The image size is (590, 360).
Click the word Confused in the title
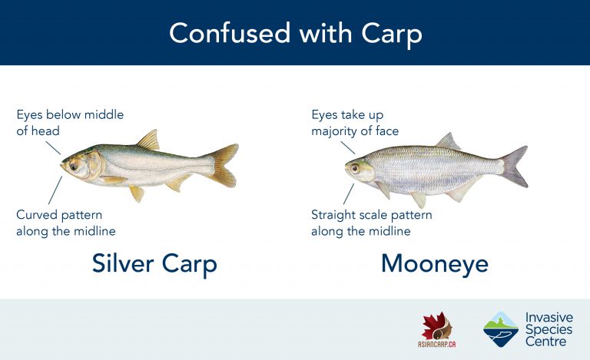[x=230, y=33]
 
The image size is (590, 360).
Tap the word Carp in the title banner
[x=392, y=35]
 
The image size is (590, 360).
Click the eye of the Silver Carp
[x=74, y=166]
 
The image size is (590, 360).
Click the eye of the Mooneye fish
[x=355, y=168]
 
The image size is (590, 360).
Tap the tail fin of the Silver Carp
[x=224, y=165]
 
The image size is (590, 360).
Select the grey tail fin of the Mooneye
[x=514, y=167]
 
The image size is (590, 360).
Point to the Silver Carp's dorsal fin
[x=148, y=140]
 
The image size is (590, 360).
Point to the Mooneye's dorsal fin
[x=448, y=142]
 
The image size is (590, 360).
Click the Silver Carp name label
[x=154, y=264]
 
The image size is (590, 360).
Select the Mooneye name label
[x=435, y=264]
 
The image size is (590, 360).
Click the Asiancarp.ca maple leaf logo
[x=436, y=326]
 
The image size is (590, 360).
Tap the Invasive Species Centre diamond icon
[x=501, y=329]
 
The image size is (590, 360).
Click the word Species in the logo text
[x=549, y=331]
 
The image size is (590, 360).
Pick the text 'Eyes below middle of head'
[x=70, y=123]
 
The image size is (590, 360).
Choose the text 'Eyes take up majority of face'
[x=355, y=123]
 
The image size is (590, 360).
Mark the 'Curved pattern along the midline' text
[x=66, y=223]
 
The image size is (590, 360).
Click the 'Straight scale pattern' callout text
[x=371, y=215]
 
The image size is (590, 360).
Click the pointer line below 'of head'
[x=53, y=147]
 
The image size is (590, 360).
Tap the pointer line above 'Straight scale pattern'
[x=349, y=194]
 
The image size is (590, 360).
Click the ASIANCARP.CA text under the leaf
[x=436, y=344]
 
